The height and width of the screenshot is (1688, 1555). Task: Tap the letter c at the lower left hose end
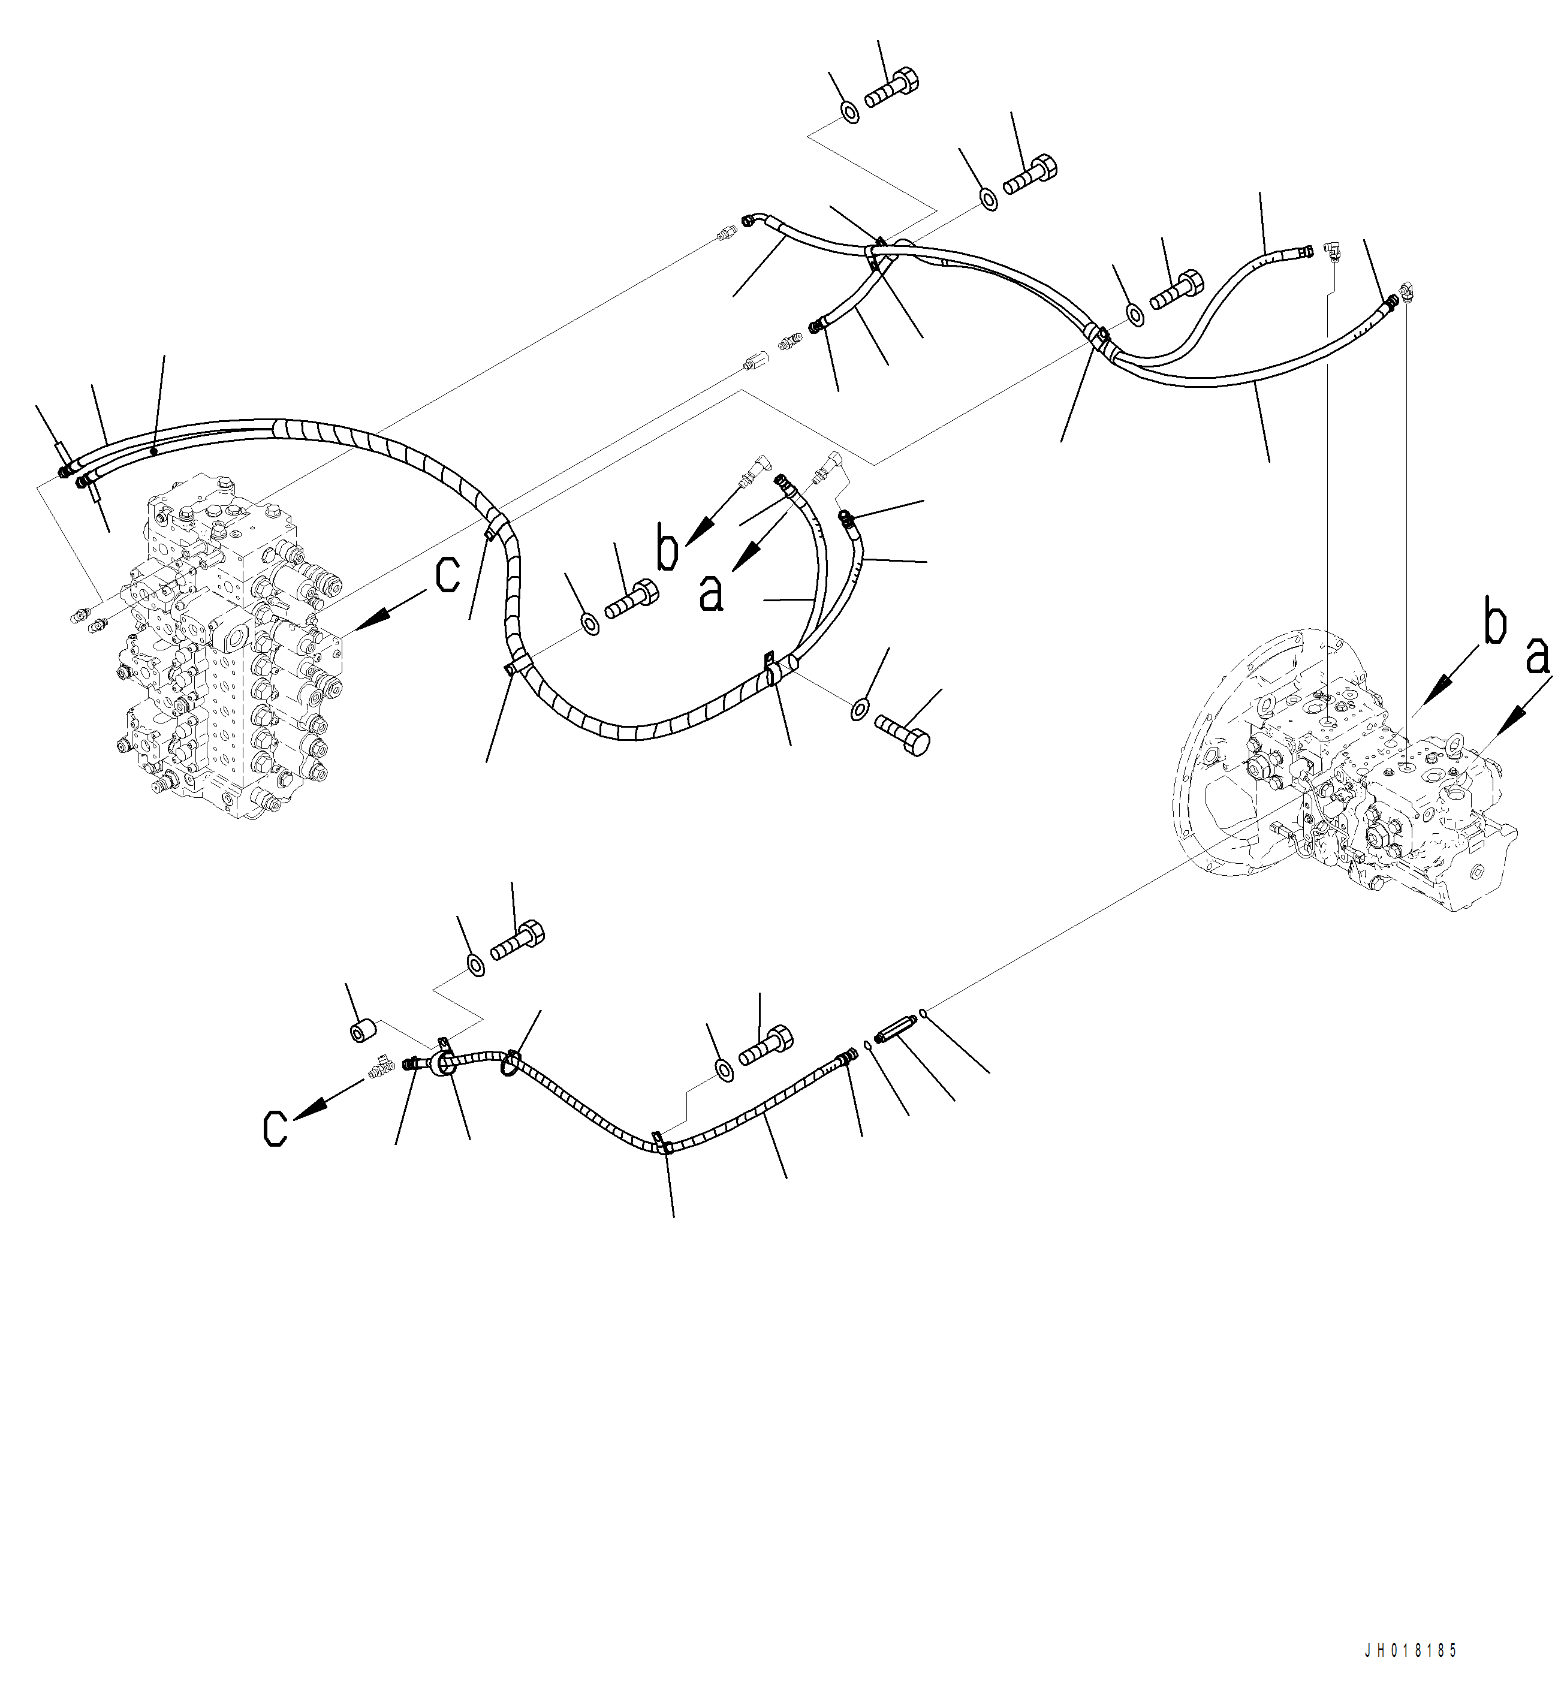[275, 1127]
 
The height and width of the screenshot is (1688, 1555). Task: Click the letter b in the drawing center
[667, 551]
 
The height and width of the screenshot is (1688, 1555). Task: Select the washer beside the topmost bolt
[851, 112]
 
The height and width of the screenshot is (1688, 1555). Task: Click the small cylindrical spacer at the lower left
[363, 1031]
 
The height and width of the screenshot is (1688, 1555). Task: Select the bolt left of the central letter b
[631, 599]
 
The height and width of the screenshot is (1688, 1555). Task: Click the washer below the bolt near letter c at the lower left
[475, 964]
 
